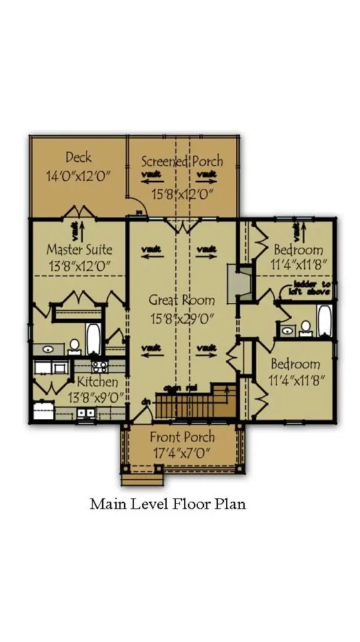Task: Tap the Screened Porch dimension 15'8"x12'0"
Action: click(183, 194)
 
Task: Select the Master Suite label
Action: click(79, 249)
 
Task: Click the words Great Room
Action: click(182, 300)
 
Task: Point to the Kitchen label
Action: click(97, 382)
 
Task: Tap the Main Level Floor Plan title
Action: click(167, 504)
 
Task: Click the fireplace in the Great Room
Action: click(239, 280)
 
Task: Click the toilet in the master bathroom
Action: click(74, 345)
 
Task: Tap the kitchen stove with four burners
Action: click(99, 365)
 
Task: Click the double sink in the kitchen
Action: click(86, 413)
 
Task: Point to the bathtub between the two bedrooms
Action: click(324, 320)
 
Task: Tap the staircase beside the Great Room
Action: click(188, 403)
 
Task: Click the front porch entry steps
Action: click(142, 480)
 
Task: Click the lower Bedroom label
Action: click(295, 364)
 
